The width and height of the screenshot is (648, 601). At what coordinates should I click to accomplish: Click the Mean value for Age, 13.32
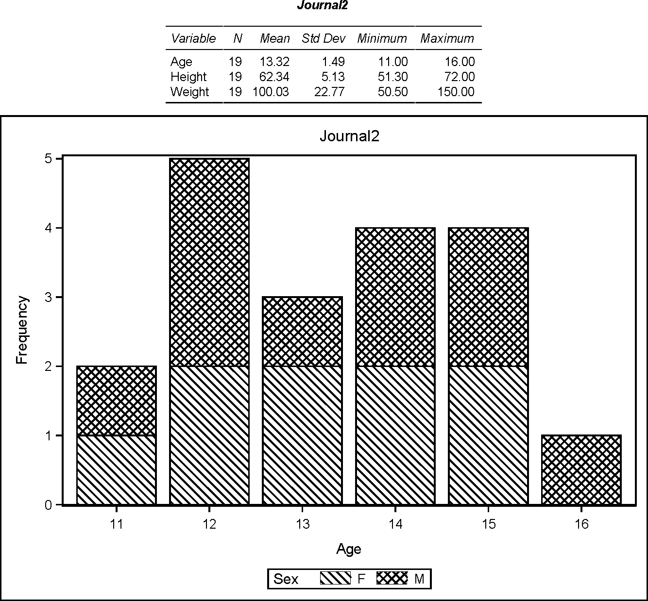tap(275, 62)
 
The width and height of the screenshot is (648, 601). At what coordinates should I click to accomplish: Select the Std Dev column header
tap(323, 38)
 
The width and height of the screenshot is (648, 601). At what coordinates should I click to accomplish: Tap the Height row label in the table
tap(188, 77)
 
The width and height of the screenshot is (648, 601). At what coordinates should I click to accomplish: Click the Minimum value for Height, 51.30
tap(392, 77)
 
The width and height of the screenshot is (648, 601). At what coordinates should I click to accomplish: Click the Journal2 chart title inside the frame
tap(349, 136)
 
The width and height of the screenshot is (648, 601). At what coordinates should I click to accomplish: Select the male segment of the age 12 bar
tap(209, 262)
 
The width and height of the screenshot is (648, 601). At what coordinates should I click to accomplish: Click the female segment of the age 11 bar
tap(117, 470)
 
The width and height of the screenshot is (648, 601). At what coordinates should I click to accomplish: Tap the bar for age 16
tap(581, 470)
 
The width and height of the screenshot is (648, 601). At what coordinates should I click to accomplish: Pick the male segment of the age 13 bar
tap(302, 331)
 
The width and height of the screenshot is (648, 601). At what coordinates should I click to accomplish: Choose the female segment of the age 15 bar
tap(488, 435)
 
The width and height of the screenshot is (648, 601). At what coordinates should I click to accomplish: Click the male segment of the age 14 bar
tap(395, 297)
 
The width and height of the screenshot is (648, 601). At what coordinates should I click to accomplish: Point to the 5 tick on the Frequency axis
tap(48, 159)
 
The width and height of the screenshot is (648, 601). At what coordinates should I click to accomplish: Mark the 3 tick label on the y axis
tap(48, 297)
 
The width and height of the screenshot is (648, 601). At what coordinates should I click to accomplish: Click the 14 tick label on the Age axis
tap(395, 524)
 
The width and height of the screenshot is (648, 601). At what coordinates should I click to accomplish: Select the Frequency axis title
tap(22, 330)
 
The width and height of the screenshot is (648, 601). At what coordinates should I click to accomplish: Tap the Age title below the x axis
tap(348, 549)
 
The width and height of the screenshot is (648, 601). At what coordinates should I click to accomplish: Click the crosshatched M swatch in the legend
tap(392, 579)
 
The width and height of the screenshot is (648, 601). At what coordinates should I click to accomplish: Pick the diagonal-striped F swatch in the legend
tap(335, 579)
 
